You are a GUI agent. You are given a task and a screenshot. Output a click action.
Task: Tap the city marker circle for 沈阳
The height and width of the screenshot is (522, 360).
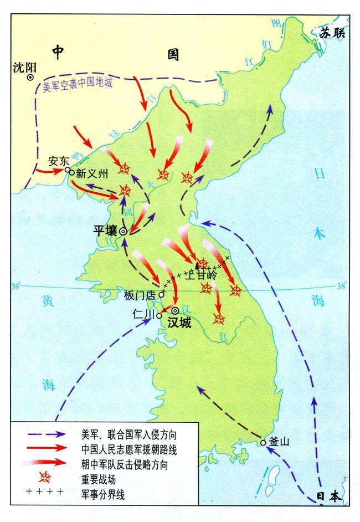click(x=32, y=78)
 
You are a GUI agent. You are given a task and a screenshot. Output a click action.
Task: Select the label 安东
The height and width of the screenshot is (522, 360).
click(x=59, y=161)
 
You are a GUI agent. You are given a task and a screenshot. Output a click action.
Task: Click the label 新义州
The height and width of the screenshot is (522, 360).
click(x=91, y=173)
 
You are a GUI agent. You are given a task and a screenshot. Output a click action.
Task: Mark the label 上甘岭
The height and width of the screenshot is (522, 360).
click(x=203, y=274)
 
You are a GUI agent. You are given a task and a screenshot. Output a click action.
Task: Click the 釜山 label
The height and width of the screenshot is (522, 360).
click(x=279, y=442)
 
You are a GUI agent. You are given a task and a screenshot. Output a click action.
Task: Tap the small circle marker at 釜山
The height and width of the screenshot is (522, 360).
click(x=263, y=443)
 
